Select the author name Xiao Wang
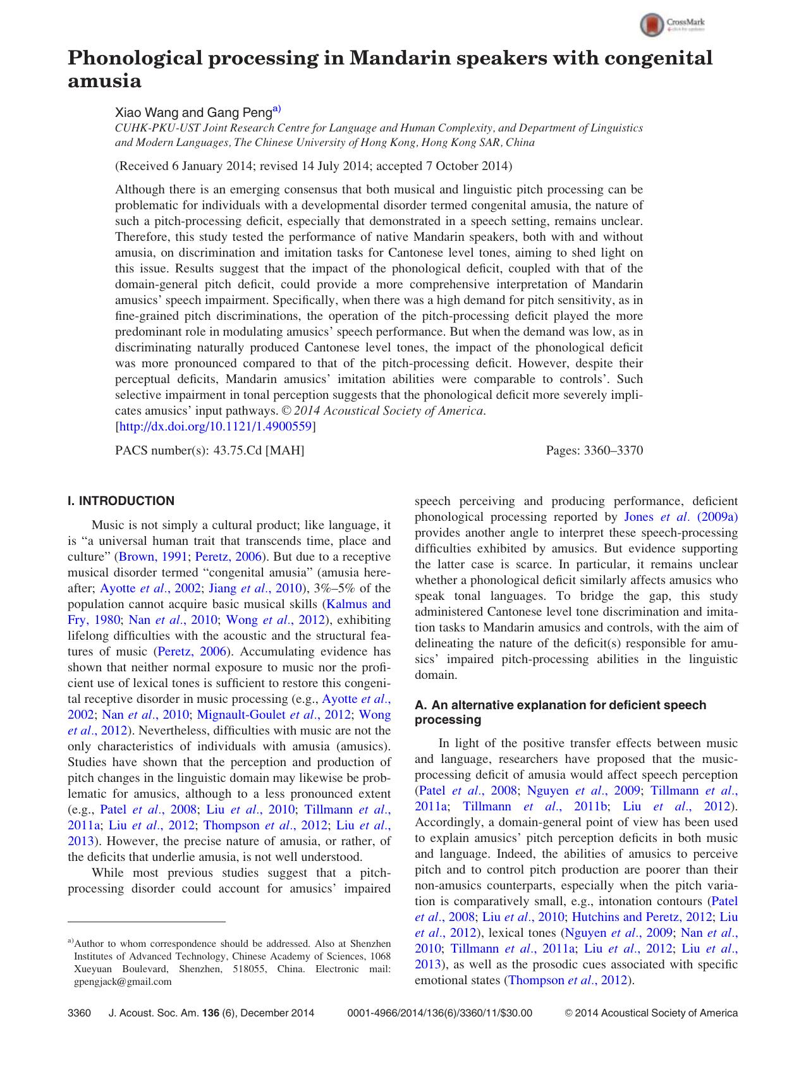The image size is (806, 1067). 147,113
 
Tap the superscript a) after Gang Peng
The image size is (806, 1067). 277,109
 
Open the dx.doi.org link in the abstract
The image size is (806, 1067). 215,427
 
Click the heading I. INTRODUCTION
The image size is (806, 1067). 121,501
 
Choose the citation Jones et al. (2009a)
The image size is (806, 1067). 681,517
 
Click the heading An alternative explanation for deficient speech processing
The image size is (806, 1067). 560,712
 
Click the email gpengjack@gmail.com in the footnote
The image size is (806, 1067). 123,982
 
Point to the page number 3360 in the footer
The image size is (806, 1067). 80,1013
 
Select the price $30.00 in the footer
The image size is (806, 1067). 516,1013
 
